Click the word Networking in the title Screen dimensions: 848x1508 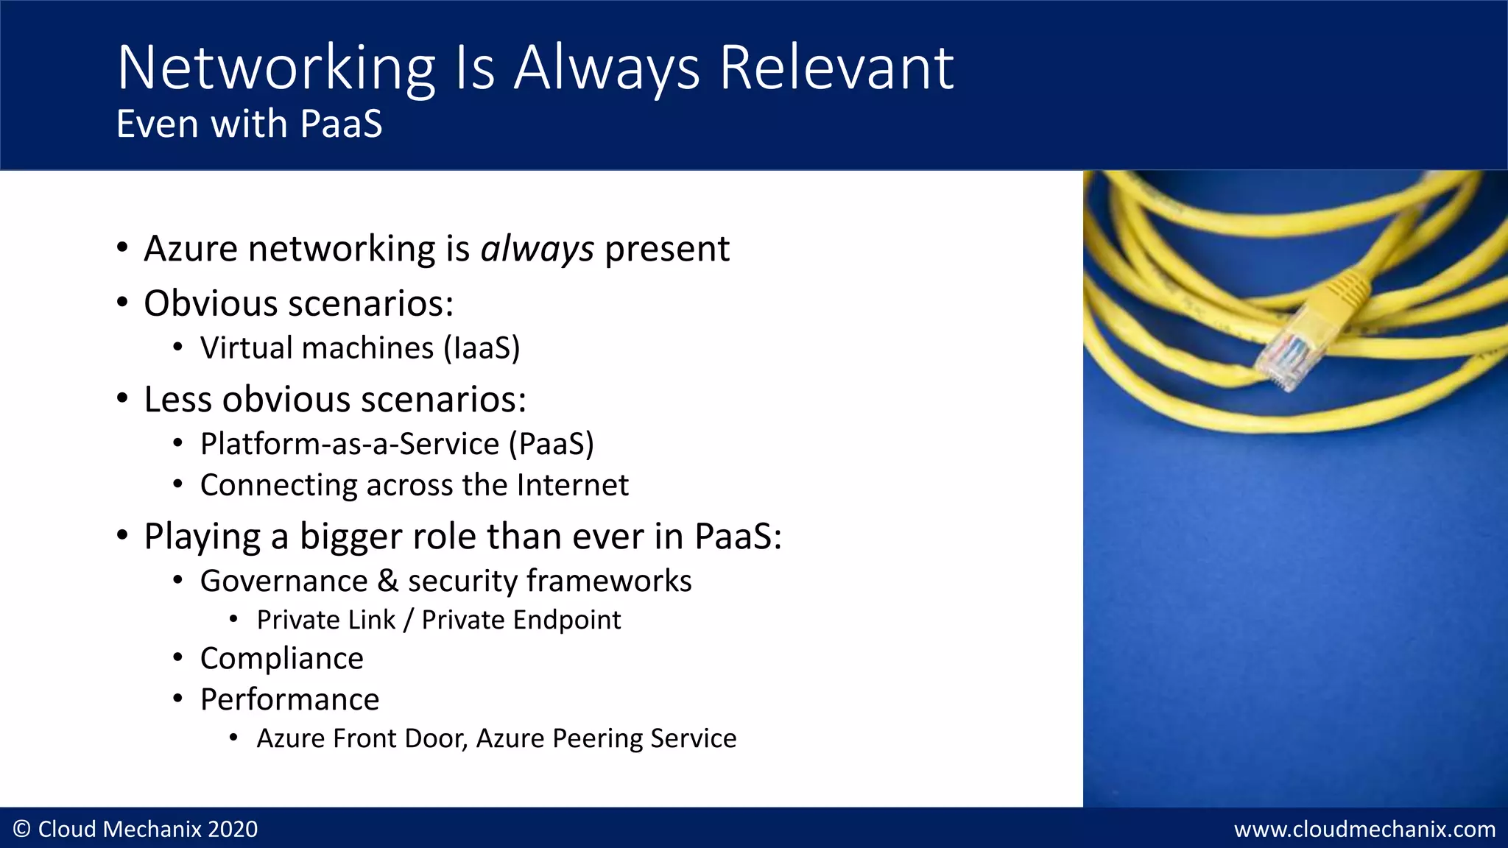tap(276, 68)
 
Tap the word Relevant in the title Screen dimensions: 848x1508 tap(836, 68)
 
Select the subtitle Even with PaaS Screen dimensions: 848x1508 tap(250, 124)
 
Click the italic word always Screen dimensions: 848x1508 tap(537, 249)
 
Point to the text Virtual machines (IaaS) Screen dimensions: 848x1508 tap(360, 348)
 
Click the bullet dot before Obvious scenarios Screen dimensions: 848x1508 tap(123, 303)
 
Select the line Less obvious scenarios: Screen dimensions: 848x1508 tap(335, 400)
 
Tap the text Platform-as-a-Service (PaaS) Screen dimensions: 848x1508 tap(397, 444)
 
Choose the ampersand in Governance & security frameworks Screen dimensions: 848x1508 tap(388, 582)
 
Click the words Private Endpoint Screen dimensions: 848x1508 tap(521, 620)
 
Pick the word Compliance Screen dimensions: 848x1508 tap(282, 658)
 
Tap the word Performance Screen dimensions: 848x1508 tap(290, 699)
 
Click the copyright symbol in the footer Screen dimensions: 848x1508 tap(22, 830)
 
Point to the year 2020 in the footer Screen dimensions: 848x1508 tap(233, 830)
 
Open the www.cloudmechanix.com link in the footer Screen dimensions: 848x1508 tap(1364, 830)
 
